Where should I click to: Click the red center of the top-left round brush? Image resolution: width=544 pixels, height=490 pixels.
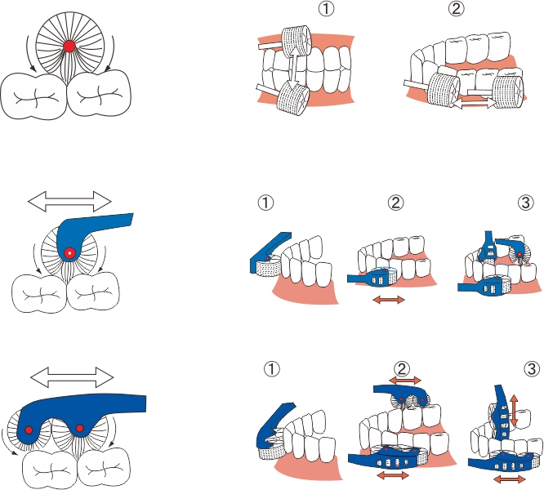click(x=69, y=44)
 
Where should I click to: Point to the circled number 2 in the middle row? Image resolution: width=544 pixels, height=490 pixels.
click(x=397, y=203)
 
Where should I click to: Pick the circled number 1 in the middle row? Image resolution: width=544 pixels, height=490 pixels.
click(x=265, y=203)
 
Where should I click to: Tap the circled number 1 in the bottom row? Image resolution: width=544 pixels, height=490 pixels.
click(x=265, y=369)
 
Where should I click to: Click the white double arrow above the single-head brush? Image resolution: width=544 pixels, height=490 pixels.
click(x=69, y=201)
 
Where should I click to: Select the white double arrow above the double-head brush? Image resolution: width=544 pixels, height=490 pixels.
click(x=72, y=376)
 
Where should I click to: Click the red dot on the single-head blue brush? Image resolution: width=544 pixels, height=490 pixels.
click(x=70, y=253)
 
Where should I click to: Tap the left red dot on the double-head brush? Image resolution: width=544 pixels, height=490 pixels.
click(x=29, y=430)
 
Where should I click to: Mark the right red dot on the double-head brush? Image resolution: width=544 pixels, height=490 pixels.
click(x=79, y=428)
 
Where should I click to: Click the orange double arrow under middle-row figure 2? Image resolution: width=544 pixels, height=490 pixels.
click(x=388, y=301)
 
